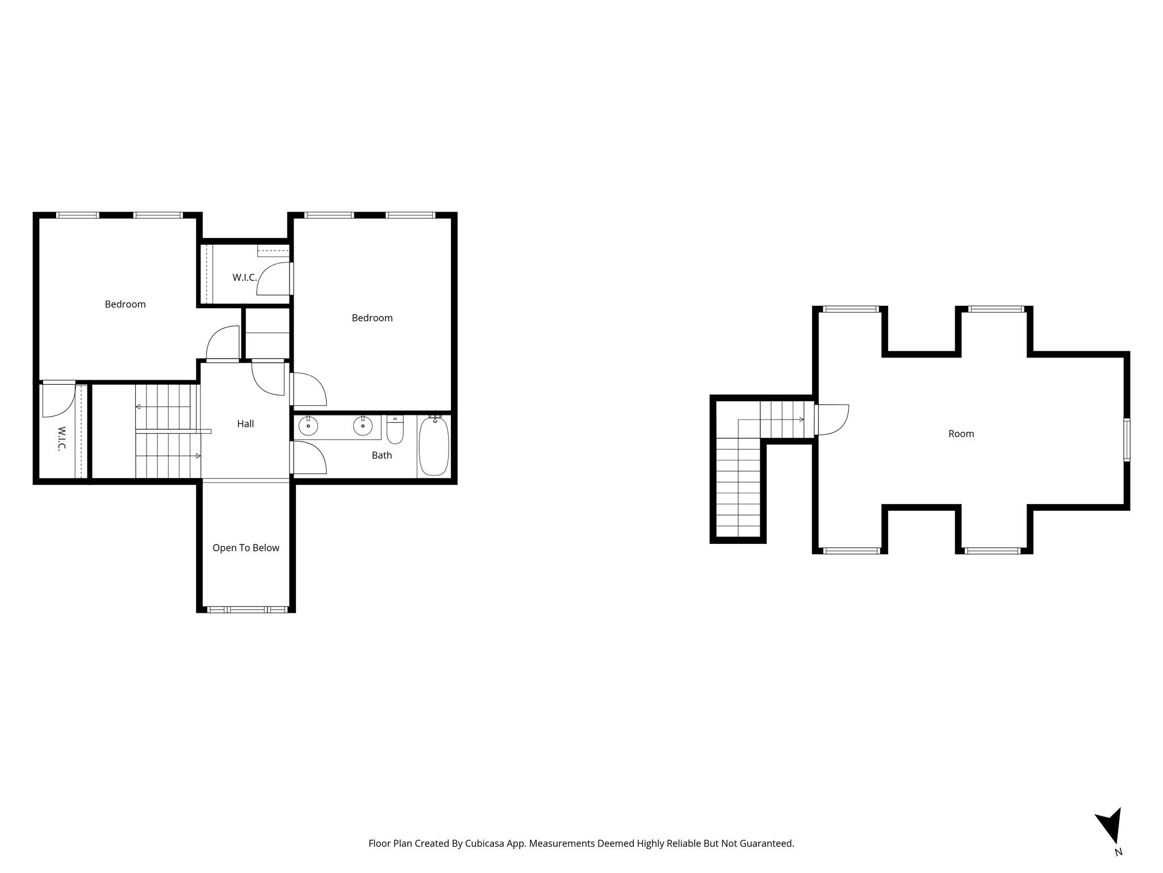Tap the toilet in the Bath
[395, 430]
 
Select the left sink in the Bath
[308, 426]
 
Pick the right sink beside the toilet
[362, 426]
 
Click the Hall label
[245, 424]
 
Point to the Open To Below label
[246, 548]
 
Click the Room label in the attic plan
[961, 434]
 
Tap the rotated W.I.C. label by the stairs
[61, 438]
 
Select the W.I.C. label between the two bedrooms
[245, 278]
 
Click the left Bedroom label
[125, 305]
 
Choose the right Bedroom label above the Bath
[372, 318]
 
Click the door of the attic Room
[831, 420]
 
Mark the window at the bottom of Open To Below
[246, 610]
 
